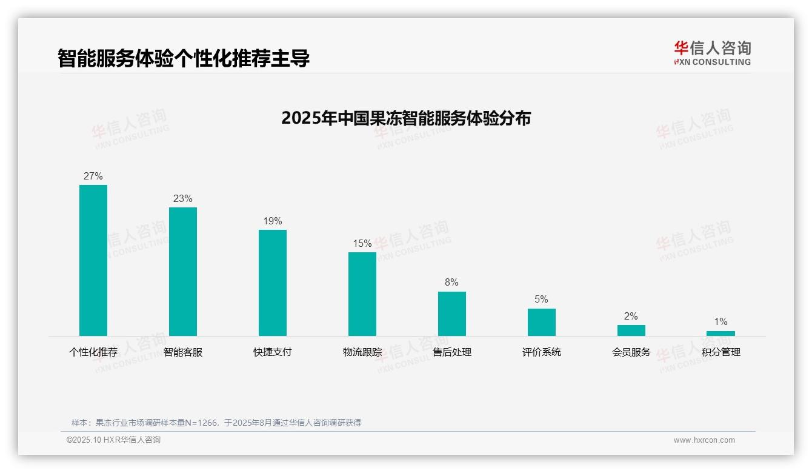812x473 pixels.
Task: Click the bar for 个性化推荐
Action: [x=93, y=260]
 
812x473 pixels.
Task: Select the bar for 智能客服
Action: [x=183, y=272]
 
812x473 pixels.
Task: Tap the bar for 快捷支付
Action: [x=273, y=283]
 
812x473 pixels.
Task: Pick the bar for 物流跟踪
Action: [x=362, y=294]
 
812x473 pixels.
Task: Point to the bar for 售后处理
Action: [x=452, y=314]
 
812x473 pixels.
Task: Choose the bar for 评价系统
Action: [x=542, y=322]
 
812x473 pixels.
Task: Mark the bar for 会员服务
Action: [x=631, y=330]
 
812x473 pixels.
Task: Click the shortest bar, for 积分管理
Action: [x=720, y=334]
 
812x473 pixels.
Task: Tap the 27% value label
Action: [x=93, y=176]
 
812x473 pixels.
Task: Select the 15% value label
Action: [x=362, y=244]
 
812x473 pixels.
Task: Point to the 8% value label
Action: [x=452, y=283]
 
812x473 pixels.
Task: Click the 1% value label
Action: [x=720, y=322]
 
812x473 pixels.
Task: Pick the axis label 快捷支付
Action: [x=273, y=352]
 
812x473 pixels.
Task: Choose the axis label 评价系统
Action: [x=542, y=352]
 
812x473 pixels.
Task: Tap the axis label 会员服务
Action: [x=631, y=352]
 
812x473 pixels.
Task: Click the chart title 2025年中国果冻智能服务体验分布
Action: [x=406, y=118]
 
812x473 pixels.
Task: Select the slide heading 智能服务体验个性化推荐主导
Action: [x=184, y=58]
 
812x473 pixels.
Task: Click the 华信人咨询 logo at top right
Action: [x=713, y=53]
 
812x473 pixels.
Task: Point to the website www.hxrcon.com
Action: [x=704, y=440]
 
